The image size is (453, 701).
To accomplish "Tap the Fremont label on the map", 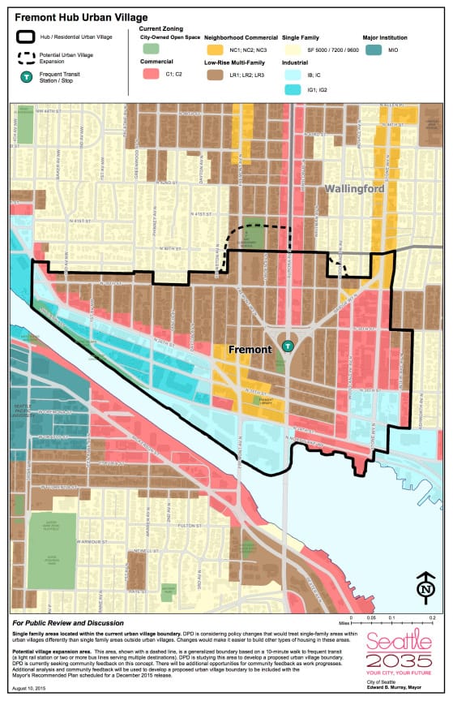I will [250, 350].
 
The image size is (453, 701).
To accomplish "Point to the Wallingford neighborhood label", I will [354, 188].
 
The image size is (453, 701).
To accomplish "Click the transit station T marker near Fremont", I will [287, 346].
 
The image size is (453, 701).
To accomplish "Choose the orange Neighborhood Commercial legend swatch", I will [215, 49].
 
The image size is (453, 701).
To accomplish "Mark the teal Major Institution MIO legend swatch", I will [374, 49].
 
